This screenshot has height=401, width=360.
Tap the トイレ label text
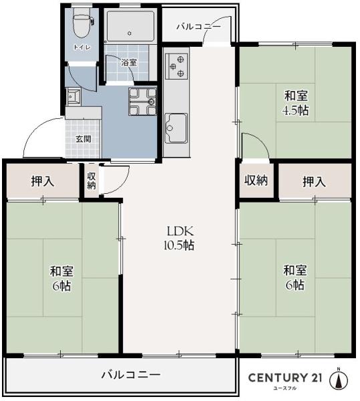tap(82, 47)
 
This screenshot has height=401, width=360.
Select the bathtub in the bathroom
tap(130, 27)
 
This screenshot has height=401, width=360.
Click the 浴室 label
tap(129, 62)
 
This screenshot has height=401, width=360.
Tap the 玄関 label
tap(83, 139)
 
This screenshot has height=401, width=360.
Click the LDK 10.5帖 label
tap(180, 238)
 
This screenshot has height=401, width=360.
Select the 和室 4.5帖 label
tap(295, 103)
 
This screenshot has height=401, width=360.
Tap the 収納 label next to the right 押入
tap(257, 180)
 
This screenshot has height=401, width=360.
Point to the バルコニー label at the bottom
tap(131, 374)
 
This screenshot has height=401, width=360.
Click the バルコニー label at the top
tap(198, 27)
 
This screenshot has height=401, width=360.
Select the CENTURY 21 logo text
tap(285, 378)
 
